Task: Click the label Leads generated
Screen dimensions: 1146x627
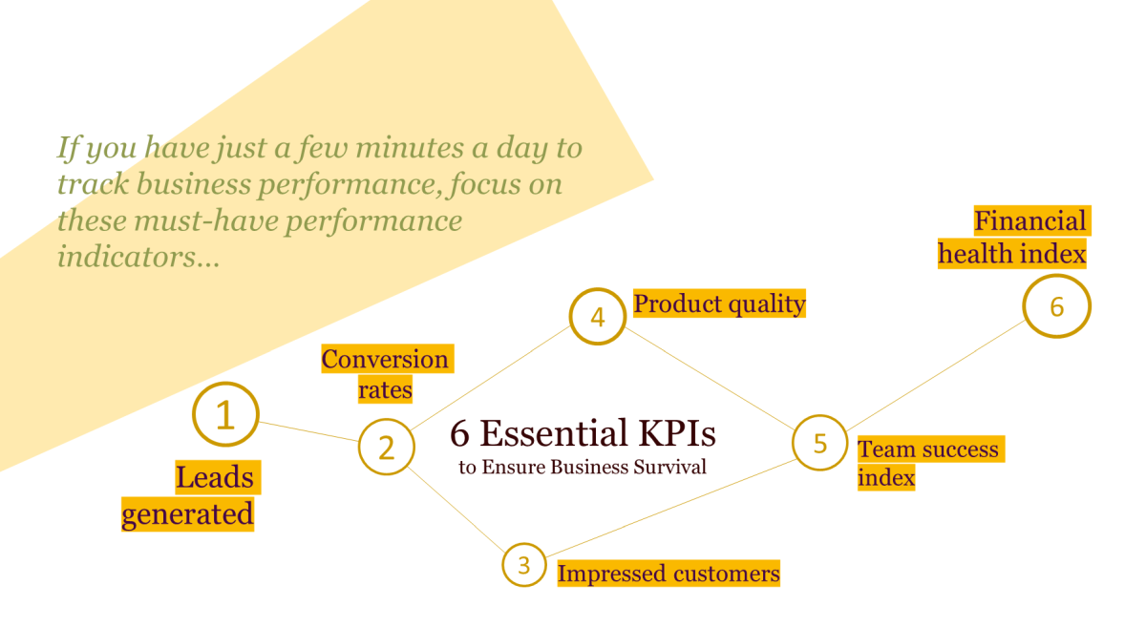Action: pyautogui.click(x=190, y=495)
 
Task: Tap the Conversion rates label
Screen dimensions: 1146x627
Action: pyautogui.click(x=388, y=374)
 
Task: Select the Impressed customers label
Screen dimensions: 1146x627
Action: pyautogui.click(x=668, y=574)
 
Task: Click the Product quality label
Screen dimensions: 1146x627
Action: pyautogui.click(x=719, y=303)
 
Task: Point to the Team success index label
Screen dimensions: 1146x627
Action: pyautogui.click(x=931, y=464)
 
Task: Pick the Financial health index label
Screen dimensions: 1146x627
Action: pyautogui.click(x=1014, y=238)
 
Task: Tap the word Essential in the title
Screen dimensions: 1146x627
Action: pyautogui.click(x=554, y=433)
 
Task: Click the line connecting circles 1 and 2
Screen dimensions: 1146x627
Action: pyautogui.click(x=308, y=431)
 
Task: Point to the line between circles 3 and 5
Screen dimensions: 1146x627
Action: pyautogui.click(x=670, y=508)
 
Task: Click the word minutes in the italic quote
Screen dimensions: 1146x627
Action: pyautogui.click(x=410, y=148)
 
